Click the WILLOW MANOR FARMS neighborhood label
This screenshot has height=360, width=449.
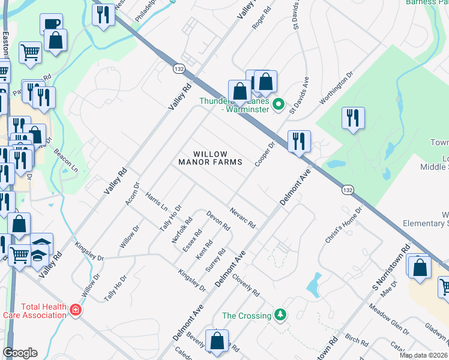point(210,158)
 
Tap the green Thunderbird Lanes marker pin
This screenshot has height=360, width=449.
point(278,104)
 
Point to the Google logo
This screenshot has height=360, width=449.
point(20,353)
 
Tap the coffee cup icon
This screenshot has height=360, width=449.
point(51,25)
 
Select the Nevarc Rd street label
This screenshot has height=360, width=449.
point(243,218)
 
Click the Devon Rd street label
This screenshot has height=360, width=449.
point(218,221)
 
